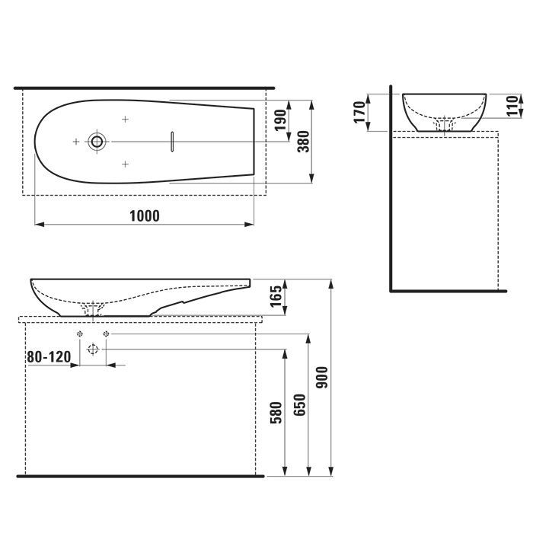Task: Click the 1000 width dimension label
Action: click(145, 215)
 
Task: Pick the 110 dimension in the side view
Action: click(512, 106)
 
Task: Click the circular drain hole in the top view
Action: click(97, 141)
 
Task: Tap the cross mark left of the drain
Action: click(75, 141)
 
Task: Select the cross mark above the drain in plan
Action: click(126, 119)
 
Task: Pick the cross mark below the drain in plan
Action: click(126, 164)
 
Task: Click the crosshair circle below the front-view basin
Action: click(93, 349)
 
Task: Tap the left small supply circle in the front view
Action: click(79, 334)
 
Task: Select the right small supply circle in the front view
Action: click(106, 334)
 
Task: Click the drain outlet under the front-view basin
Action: click(93, 309)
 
